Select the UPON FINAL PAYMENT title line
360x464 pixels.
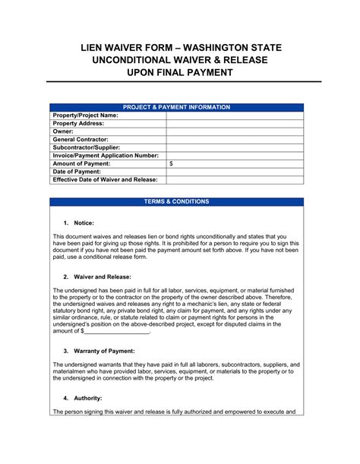coord(179,74)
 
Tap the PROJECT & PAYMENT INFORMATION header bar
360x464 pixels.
coord(177,108)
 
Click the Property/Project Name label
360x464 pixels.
coord(85,116)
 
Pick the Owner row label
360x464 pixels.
coord(63,132)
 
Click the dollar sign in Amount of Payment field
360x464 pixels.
coord(171,164)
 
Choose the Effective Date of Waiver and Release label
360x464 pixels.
coord(105,180)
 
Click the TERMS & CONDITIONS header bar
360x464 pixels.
coord(177,202)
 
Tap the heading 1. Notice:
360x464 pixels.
coord(78,223)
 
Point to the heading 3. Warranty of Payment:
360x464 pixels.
coord(99,351)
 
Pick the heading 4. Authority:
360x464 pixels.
coord(83,398)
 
